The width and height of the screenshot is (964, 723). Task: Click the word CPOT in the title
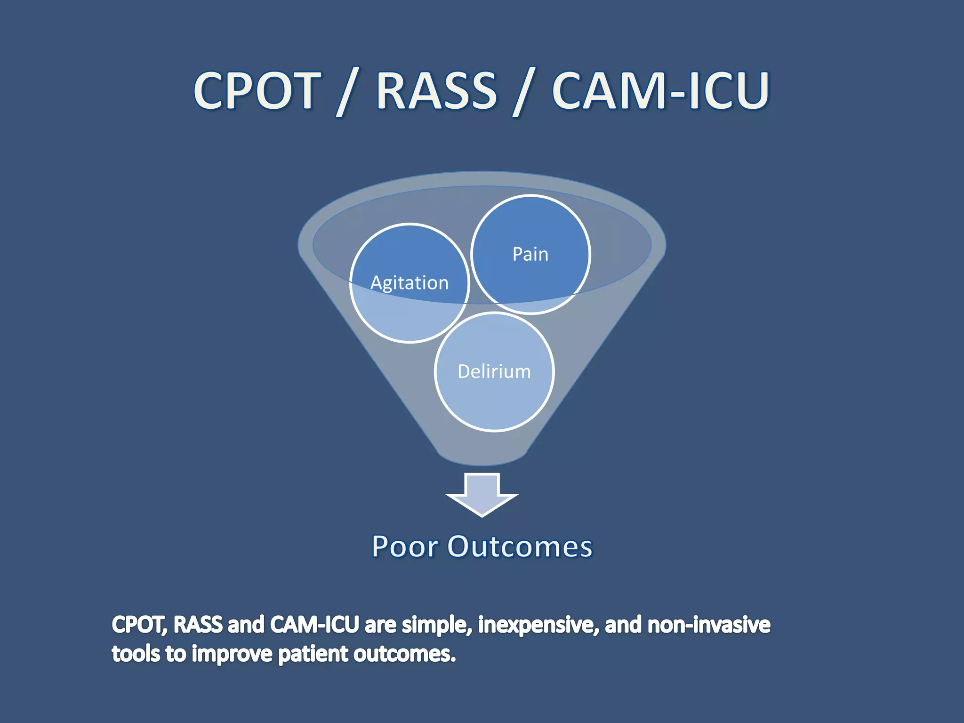257,90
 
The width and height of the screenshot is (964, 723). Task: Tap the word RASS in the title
436,90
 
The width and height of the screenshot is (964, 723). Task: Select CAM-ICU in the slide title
660,90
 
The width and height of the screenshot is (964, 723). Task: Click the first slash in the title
347,92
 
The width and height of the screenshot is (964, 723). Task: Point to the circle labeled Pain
530,254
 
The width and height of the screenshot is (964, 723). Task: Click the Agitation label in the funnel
409,283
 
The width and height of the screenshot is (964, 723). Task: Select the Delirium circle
494,372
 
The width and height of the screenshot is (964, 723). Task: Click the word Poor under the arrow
404,546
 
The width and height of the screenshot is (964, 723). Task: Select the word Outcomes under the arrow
520,546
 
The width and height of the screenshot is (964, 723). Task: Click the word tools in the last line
136,654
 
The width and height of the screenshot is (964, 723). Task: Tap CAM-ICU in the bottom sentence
314,625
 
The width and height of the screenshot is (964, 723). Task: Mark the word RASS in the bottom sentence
198,625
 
